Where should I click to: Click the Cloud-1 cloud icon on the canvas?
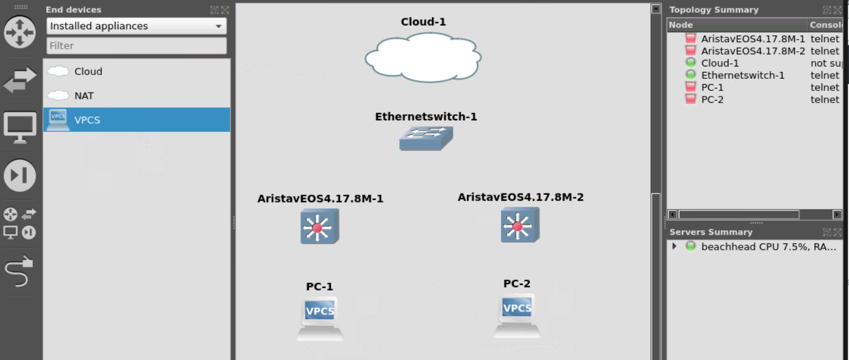[423, 57]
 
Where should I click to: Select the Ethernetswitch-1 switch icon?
[425, 139]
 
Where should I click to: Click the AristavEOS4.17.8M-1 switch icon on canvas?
[319, 226]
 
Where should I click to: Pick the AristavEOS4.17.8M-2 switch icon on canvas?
[519, 225]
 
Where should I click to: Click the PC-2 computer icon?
[517, 315]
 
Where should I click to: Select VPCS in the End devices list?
[87, 120]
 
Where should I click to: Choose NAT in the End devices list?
[84, 96]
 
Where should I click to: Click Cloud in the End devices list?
[88, 71]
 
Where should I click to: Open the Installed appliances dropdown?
[136, 26]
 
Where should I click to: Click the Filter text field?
[136, 46]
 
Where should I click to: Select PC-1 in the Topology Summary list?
[712, 87]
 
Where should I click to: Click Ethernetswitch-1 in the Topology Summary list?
[742, 75]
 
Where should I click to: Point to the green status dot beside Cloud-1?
[690, 63]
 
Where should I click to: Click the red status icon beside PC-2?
[690, 99]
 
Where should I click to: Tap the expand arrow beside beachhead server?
[674, 247]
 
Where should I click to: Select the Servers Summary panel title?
[710, 232]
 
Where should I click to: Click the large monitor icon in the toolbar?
[20, 128]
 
